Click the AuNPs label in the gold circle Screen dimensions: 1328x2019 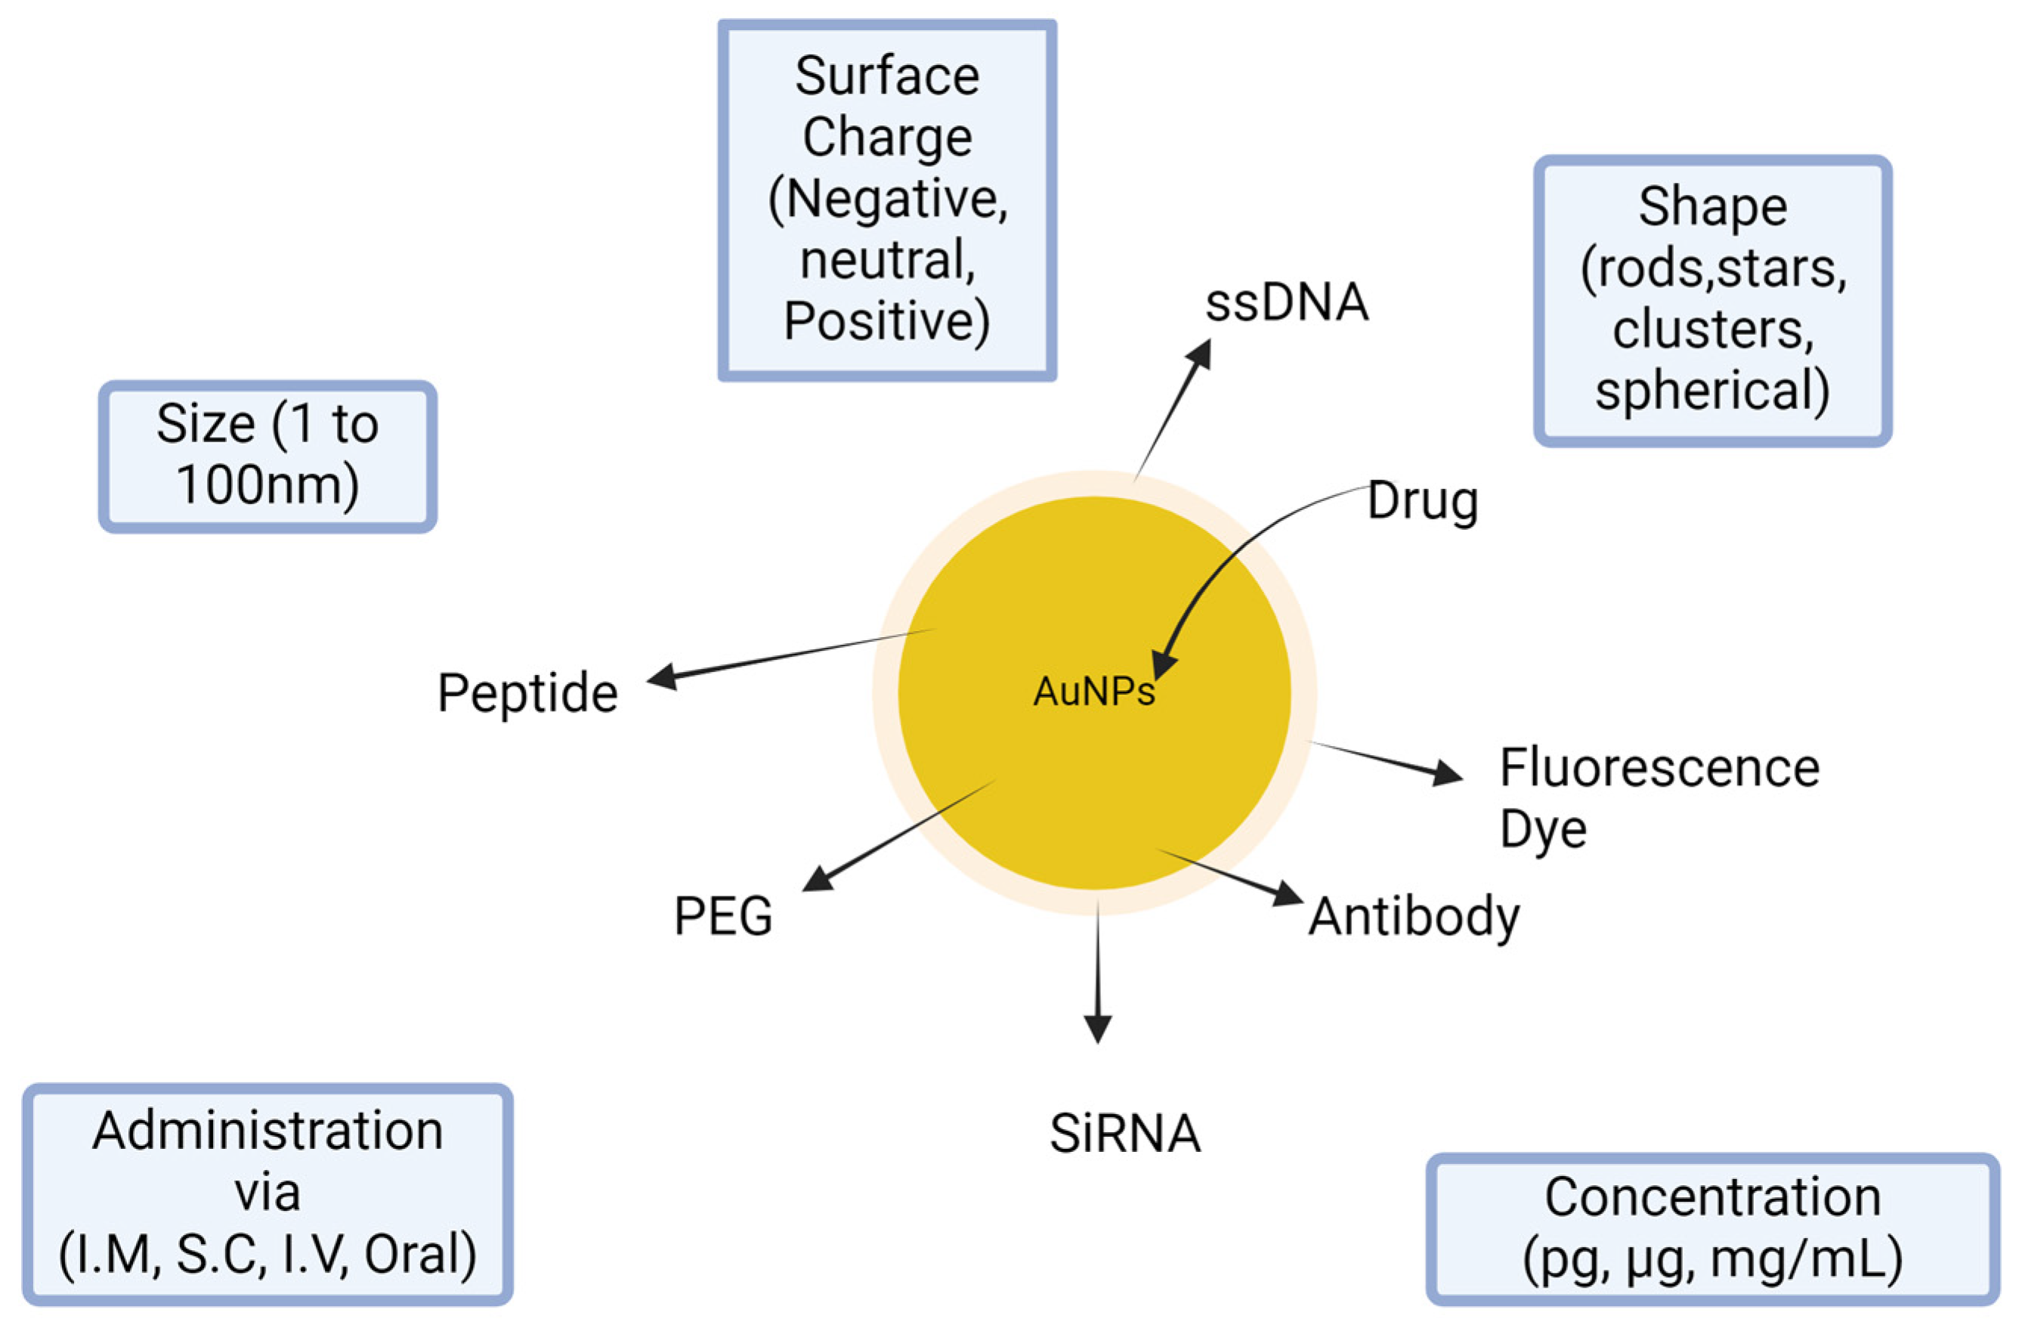1093,692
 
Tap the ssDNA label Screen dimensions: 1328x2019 1287,302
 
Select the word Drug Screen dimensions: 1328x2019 1423,502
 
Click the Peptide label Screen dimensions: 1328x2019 527,693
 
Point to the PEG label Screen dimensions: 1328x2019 723,916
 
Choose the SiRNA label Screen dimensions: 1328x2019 1125,1134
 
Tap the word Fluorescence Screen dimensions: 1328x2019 1659,769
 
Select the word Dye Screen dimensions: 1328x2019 1542,830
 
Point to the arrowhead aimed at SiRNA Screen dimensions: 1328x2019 1098,1028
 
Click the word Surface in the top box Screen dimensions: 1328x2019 886,76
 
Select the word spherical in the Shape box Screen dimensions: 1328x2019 1712,392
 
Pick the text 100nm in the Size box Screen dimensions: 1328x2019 267,485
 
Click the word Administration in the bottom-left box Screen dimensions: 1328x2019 268,1131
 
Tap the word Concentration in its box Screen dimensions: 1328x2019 1712,1197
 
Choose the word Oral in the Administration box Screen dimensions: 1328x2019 419,1255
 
